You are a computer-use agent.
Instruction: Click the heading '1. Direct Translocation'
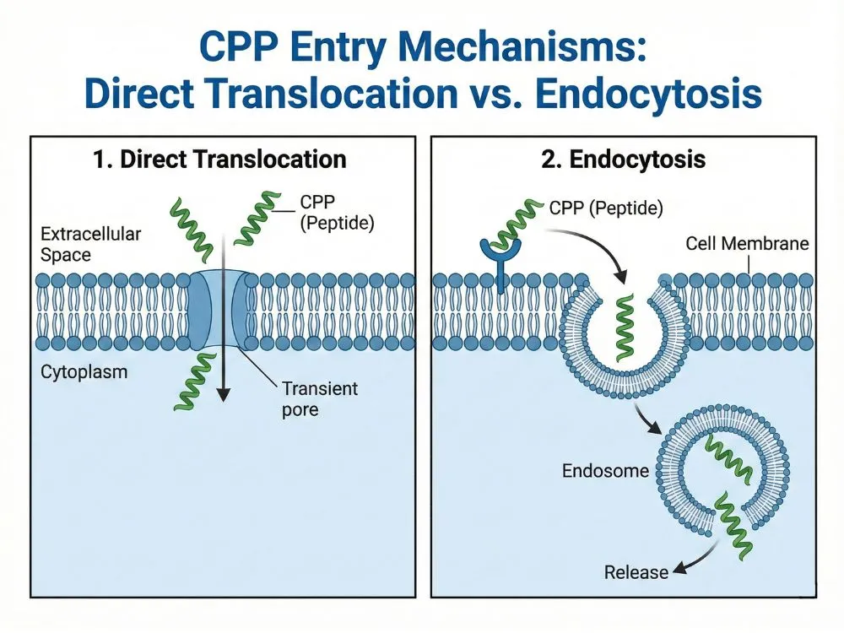coord(221,160)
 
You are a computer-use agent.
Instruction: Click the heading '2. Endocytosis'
coord(623,160)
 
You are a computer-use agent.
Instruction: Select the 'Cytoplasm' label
coord(78,371)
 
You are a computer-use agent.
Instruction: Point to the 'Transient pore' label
coord(319,398)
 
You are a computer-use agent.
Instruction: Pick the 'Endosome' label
coord(604,470)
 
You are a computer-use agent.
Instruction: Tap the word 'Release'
coord(636,572)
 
